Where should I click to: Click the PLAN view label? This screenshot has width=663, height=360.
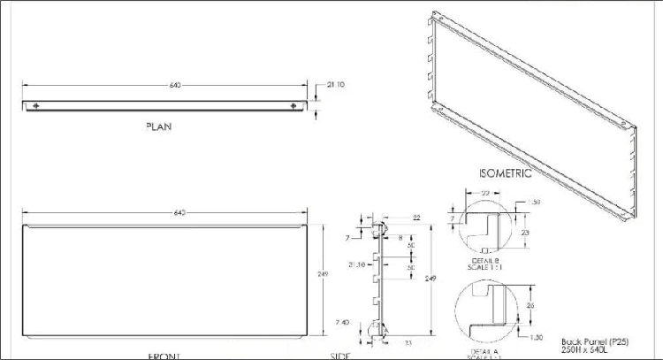158,126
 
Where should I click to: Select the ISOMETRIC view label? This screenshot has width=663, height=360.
505,173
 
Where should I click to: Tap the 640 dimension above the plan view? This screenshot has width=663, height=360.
175,86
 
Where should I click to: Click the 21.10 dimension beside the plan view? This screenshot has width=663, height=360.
336,85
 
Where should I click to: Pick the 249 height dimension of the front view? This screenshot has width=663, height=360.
323,276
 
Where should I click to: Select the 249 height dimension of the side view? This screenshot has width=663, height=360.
431,279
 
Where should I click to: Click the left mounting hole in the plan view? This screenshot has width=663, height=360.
35,107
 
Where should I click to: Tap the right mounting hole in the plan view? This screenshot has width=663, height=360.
294,107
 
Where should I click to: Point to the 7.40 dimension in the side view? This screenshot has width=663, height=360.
354,322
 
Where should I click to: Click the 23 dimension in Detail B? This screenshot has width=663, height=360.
524,232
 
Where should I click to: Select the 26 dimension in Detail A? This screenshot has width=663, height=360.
529,306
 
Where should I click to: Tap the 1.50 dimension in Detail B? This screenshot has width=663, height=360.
533,203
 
